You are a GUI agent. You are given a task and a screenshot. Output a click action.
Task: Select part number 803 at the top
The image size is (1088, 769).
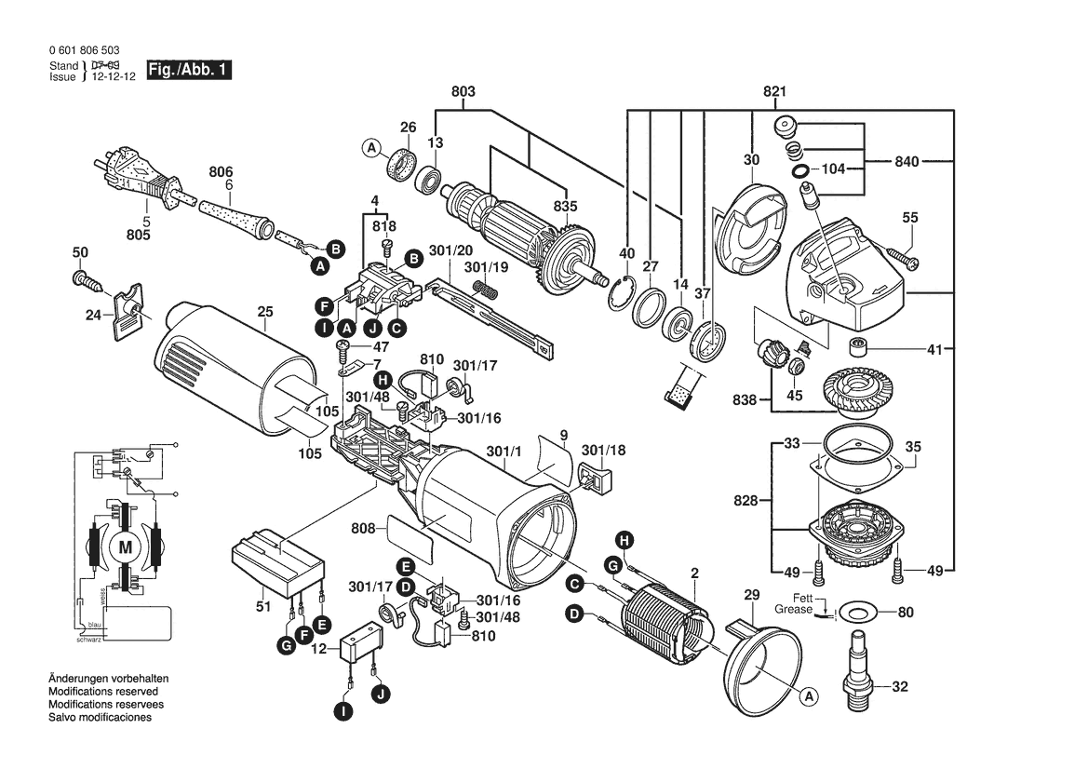[x=463, y=92]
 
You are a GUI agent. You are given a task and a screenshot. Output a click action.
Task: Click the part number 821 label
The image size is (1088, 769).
[x=774, y=92]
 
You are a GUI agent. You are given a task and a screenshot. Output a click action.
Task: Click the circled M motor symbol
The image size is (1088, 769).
[x=125, y=548]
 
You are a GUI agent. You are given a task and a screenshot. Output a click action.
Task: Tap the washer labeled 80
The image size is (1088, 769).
[x=857, y=614]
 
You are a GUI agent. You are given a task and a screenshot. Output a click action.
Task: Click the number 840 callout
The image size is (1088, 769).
[x=907, y=162]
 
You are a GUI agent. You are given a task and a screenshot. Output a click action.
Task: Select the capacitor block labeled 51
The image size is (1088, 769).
[x=277, y=564]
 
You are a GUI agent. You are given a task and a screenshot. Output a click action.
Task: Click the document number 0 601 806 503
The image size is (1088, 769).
[x=84, y=50]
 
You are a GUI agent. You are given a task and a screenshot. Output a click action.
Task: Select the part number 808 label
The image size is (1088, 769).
[x=363, y=528]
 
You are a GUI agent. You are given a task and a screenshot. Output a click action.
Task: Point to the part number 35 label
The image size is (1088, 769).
[x=913, y=447]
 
